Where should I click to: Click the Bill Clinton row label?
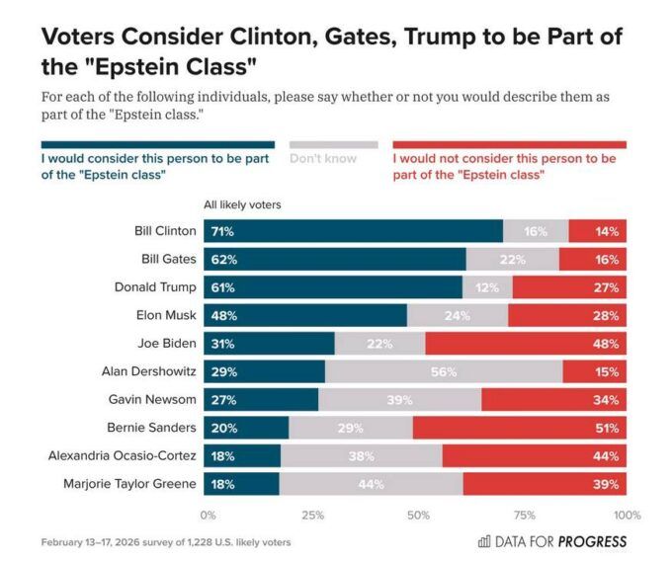165,231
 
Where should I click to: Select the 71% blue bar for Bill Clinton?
353,231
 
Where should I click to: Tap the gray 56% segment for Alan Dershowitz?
444,371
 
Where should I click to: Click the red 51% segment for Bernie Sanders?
519,428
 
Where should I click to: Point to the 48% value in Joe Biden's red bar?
607,344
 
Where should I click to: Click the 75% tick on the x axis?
524,515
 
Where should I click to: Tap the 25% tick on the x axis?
313,515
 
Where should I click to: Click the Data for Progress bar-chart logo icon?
484,541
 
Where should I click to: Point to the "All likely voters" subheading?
242,204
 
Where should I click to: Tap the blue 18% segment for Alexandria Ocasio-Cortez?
242,456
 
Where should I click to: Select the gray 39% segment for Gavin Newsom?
400,400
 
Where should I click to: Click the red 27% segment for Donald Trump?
569,287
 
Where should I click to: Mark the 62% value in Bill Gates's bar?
223,260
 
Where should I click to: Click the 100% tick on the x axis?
627,515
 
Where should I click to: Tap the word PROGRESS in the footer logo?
592,541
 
